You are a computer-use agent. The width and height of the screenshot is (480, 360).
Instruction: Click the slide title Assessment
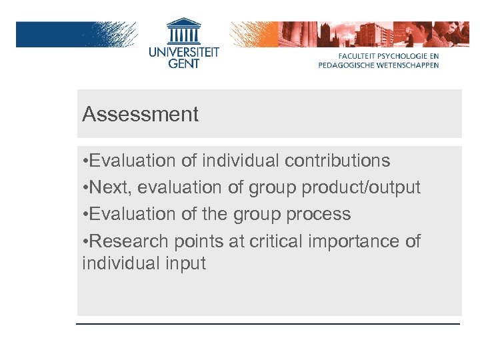pyautogui.click(x=141, y=115)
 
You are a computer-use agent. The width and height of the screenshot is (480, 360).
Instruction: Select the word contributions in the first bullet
pyautogui.click(x=337, y=161)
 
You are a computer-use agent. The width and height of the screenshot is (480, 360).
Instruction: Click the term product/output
pyautogui.click(x=361, y=188)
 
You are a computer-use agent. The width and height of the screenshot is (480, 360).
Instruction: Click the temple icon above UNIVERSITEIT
pyautogui.click(x=183, y=31)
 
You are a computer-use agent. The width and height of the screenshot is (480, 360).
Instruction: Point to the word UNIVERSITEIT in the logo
pyautogui.click(x=183, y=52)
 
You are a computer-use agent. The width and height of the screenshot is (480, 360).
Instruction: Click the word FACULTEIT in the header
pyautogui.click(x=361, y=57)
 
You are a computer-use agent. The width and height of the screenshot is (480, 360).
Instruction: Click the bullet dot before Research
pyautogui.click(x=85, y=241)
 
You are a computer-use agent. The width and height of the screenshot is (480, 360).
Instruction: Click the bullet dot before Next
pyautogui.click(x=85, y=188)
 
